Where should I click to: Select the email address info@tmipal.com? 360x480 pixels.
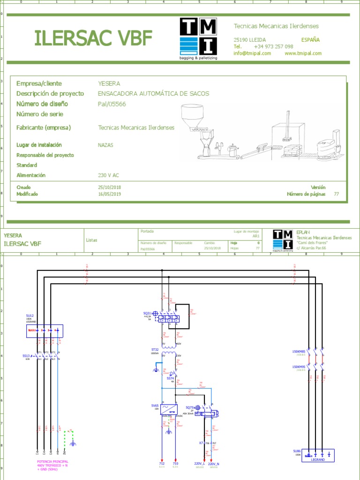tap(252, 53)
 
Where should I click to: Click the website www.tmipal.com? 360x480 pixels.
tap(303, 53)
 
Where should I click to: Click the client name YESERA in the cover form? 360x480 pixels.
tap(109, 83)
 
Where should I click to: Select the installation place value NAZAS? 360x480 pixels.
tap(105, 145)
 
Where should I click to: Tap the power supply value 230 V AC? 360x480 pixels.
tap(108, 175)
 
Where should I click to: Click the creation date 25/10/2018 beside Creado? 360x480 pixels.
tap(109, 187)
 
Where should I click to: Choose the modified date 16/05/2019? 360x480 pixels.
tap(109, 194)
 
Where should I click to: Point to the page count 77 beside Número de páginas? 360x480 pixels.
tap(336, 194)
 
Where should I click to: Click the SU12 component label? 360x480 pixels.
tap(30, 316)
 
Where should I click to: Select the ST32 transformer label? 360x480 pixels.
tap(155, 349)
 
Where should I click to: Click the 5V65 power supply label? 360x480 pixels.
tap(155, 405)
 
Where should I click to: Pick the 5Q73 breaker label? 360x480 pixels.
tap(189, 407)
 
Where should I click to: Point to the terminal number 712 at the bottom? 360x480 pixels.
tap(162, 463)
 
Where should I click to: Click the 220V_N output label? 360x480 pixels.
tap(214, 463)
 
